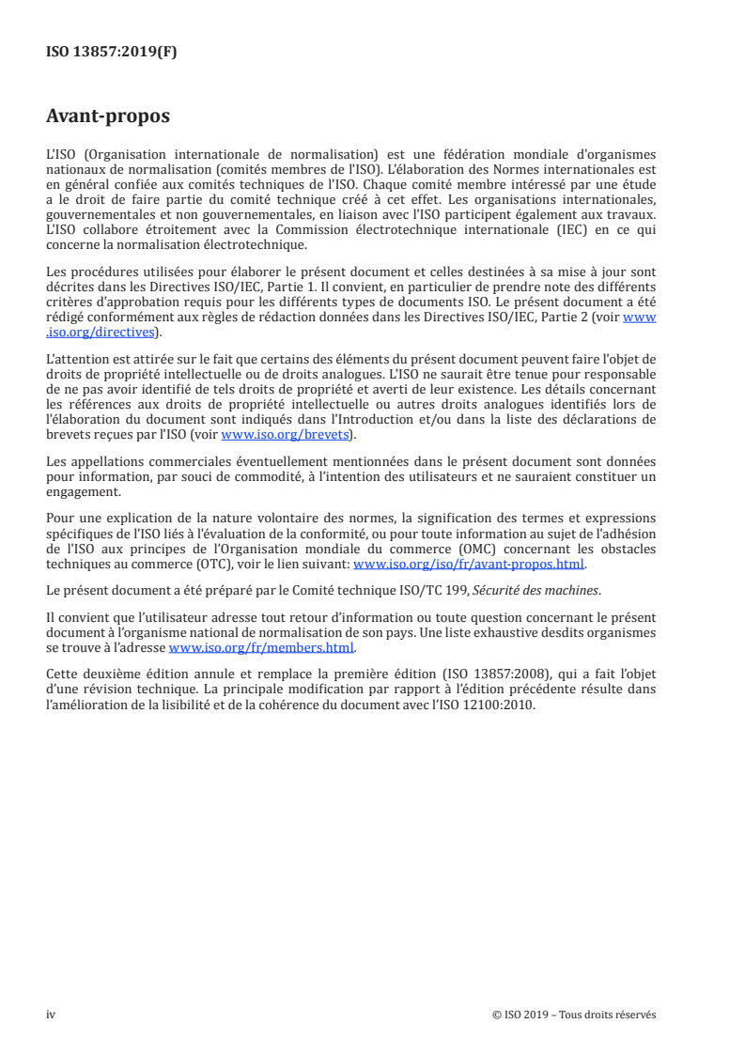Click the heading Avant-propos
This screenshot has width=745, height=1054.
pos(108,117)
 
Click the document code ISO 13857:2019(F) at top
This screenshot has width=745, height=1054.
pos(111,53)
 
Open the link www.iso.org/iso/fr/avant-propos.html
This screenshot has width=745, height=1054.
pos(468,565)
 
